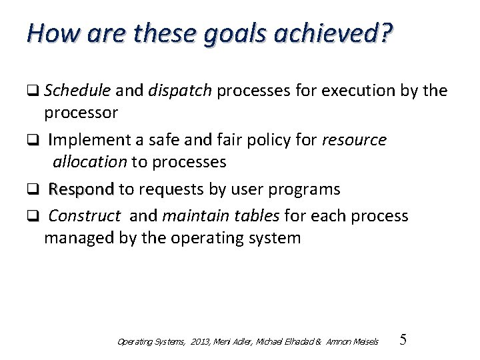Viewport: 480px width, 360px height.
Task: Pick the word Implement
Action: click(85, 140)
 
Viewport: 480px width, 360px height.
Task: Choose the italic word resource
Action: click(354, 140)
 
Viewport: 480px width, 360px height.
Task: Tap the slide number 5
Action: click(402, 340)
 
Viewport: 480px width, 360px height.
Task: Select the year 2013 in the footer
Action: click(199, 342)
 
